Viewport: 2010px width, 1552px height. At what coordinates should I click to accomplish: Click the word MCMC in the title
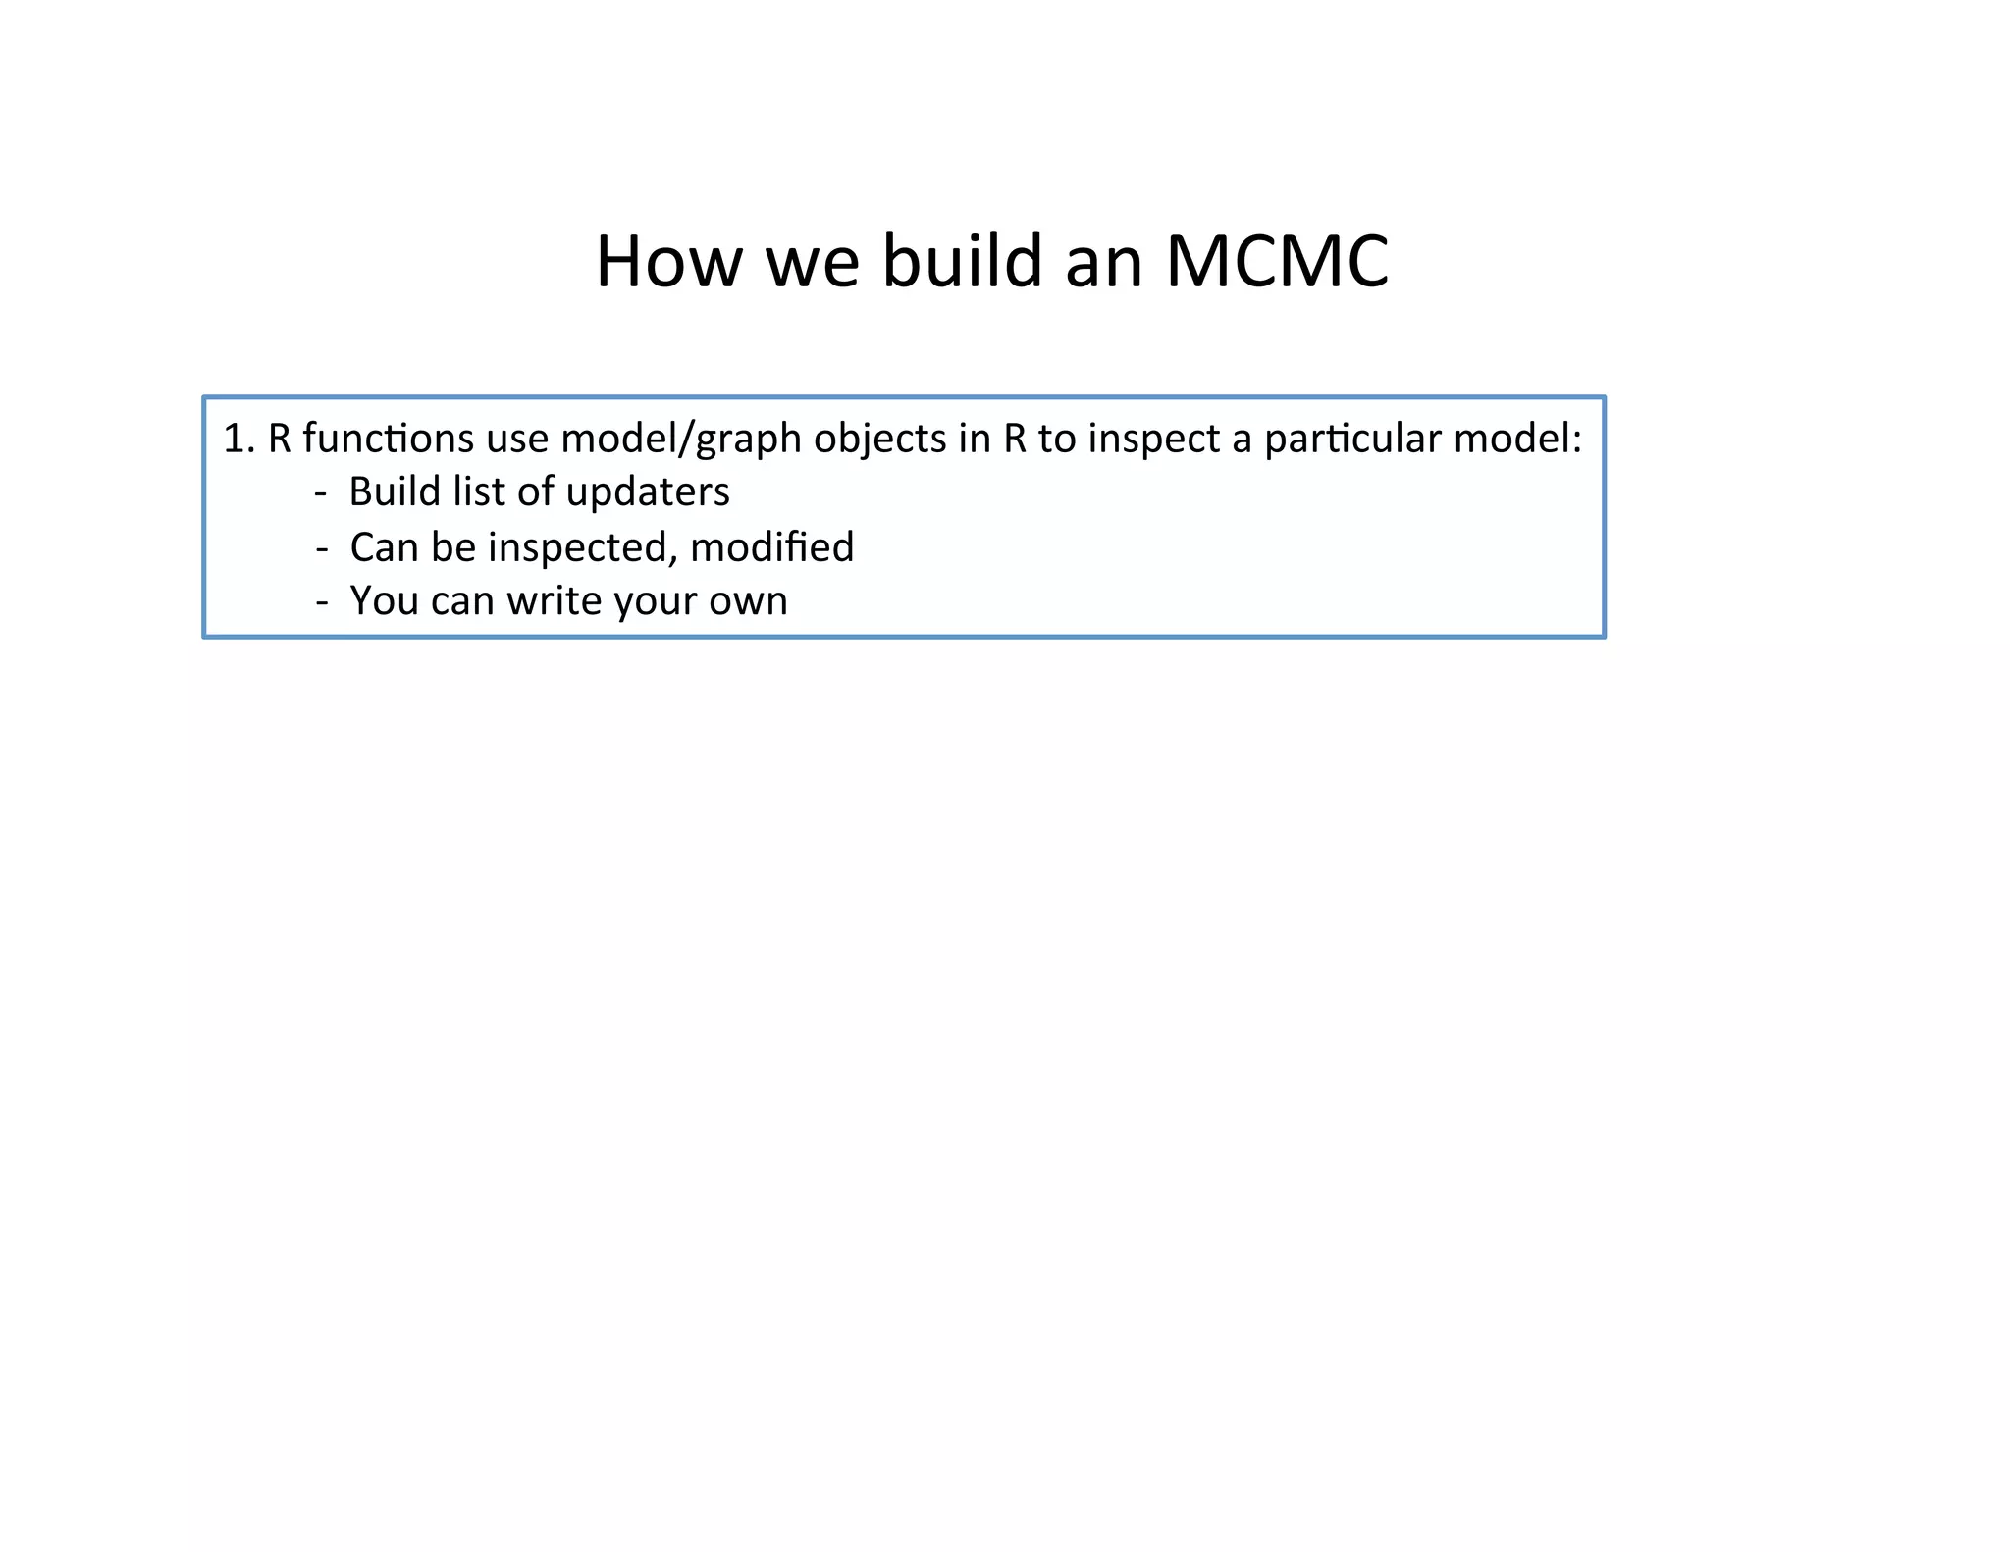pyautogui.click(x=1277, y=262)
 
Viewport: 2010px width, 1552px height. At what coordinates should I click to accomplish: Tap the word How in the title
pyautogui.click(x=668, y=262)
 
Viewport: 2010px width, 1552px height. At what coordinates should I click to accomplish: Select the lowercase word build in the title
pyautogui.click(x=962, y=262)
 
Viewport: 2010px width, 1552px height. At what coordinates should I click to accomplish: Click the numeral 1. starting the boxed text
pyautogui.click(x=238, y=439)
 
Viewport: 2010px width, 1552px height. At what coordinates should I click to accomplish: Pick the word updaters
pyautogui.click(x=648, y=492)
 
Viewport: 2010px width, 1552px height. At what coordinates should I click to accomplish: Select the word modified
pyautogui.click(x=771, y=547)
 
